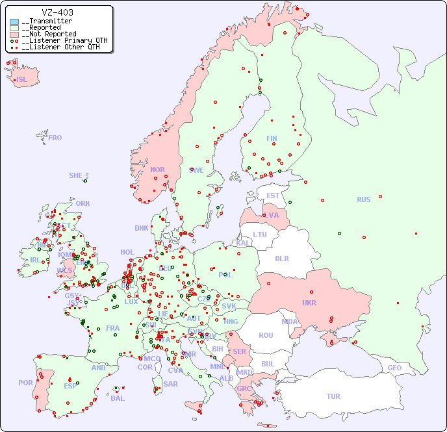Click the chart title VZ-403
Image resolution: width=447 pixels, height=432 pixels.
coord(57,12)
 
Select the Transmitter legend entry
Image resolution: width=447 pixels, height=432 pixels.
coord(49,21)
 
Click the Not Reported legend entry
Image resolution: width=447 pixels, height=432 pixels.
coord(49,34)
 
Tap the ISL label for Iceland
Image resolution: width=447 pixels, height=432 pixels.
coord(22,80)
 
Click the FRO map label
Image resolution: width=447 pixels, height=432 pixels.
coord(55,138)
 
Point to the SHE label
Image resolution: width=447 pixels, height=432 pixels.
coord(76,175)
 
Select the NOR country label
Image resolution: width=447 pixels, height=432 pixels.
coord(157,170)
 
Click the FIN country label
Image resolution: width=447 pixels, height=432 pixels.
coord(272,138)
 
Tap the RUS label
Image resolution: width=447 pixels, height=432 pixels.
coord(363,199)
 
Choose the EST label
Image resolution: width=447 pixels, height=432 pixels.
coord(273,196)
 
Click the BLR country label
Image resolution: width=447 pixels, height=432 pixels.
coord(281,258)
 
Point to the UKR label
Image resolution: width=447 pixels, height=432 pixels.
coord(309,303)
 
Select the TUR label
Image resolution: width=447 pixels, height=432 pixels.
coord(333,396)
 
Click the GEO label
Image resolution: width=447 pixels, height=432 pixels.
coord(394,368)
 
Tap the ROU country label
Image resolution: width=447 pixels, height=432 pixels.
coord(266,335)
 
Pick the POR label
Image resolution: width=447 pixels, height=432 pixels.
coord(25,383)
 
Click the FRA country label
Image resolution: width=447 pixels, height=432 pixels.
coord(113,328)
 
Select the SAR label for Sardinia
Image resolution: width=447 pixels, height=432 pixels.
coord(171,383)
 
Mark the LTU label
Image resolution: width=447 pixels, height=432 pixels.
coord(260,235)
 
